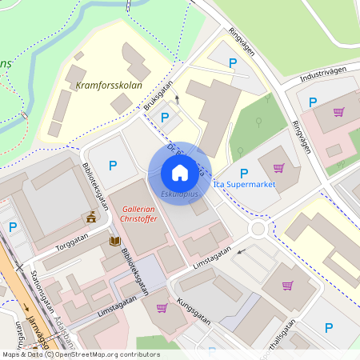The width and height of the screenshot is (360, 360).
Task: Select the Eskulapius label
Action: (178, 194)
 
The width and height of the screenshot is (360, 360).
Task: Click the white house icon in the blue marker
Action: (179, 172)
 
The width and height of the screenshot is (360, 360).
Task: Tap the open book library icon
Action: (116, 240)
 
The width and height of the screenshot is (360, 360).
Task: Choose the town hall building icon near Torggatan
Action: (92, 217)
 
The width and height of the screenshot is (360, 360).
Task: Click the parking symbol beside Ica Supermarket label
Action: (244, 172)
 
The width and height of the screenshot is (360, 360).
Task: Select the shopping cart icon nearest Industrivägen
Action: (338, 112)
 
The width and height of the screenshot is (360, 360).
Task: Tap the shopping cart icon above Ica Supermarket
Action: (278, 167)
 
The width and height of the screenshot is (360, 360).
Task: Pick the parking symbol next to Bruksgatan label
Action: (165, 118)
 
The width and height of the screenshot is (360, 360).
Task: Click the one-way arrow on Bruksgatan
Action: (177, 99)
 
